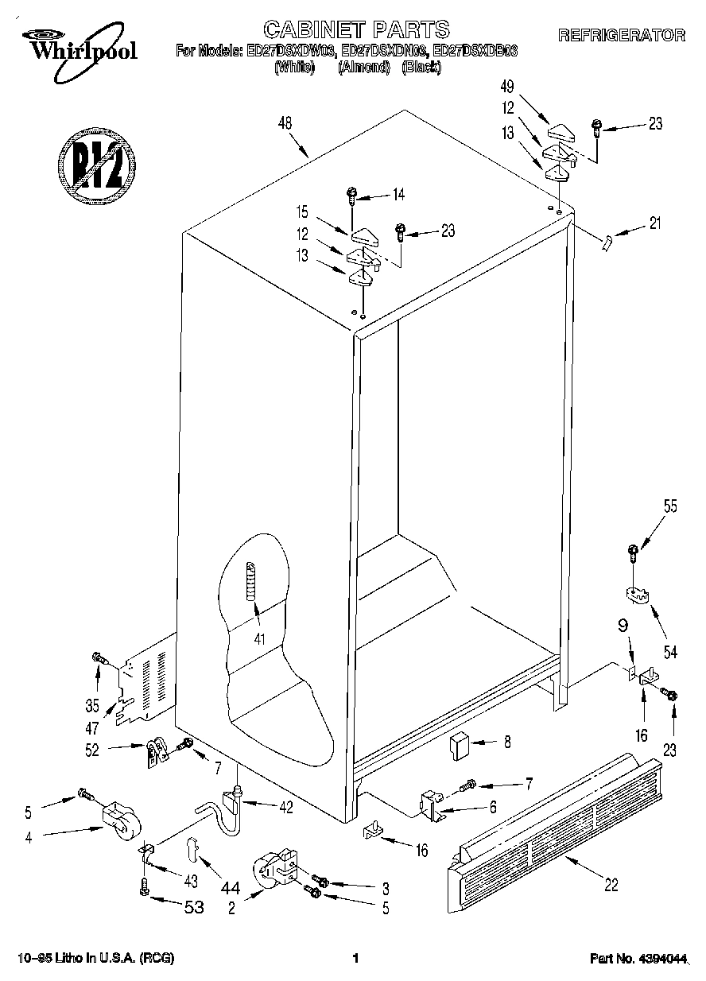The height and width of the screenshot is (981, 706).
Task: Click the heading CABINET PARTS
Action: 355,30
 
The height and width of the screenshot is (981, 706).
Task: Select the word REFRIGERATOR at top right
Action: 621,35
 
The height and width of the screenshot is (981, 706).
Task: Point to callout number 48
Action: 285,123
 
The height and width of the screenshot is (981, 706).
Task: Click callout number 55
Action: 669,507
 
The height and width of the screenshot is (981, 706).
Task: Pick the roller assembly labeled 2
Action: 274,871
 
